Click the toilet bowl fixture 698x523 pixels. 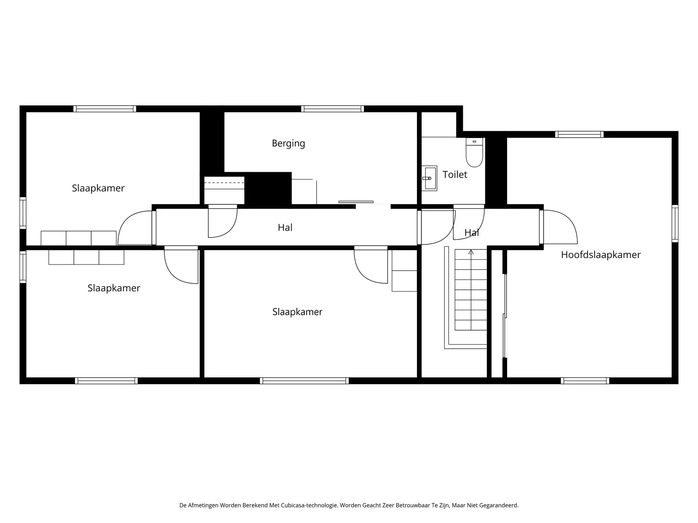point(474,152)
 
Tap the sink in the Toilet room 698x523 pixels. point(429,178)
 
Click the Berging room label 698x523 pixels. point(288,143)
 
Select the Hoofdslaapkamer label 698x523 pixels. point(601,255)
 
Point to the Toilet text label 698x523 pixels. point(455,174)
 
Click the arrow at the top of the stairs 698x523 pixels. point(471,252)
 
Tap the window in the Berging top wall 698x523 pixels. point(333,109)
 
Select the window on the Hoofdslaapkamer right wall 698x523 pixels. point(675,223)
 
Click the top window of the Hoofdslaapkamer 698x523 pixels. point(579,134)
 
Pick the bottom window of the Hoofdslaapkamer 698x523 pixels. point(585,381)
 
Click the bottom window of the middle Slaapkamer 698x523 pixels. point(304,381)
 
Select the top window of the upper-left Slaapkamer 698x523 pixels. point(105,109)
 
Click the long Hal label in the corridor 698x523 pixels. point(285,227)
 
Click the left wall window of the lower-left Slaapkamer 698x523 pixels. point(23,267)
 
